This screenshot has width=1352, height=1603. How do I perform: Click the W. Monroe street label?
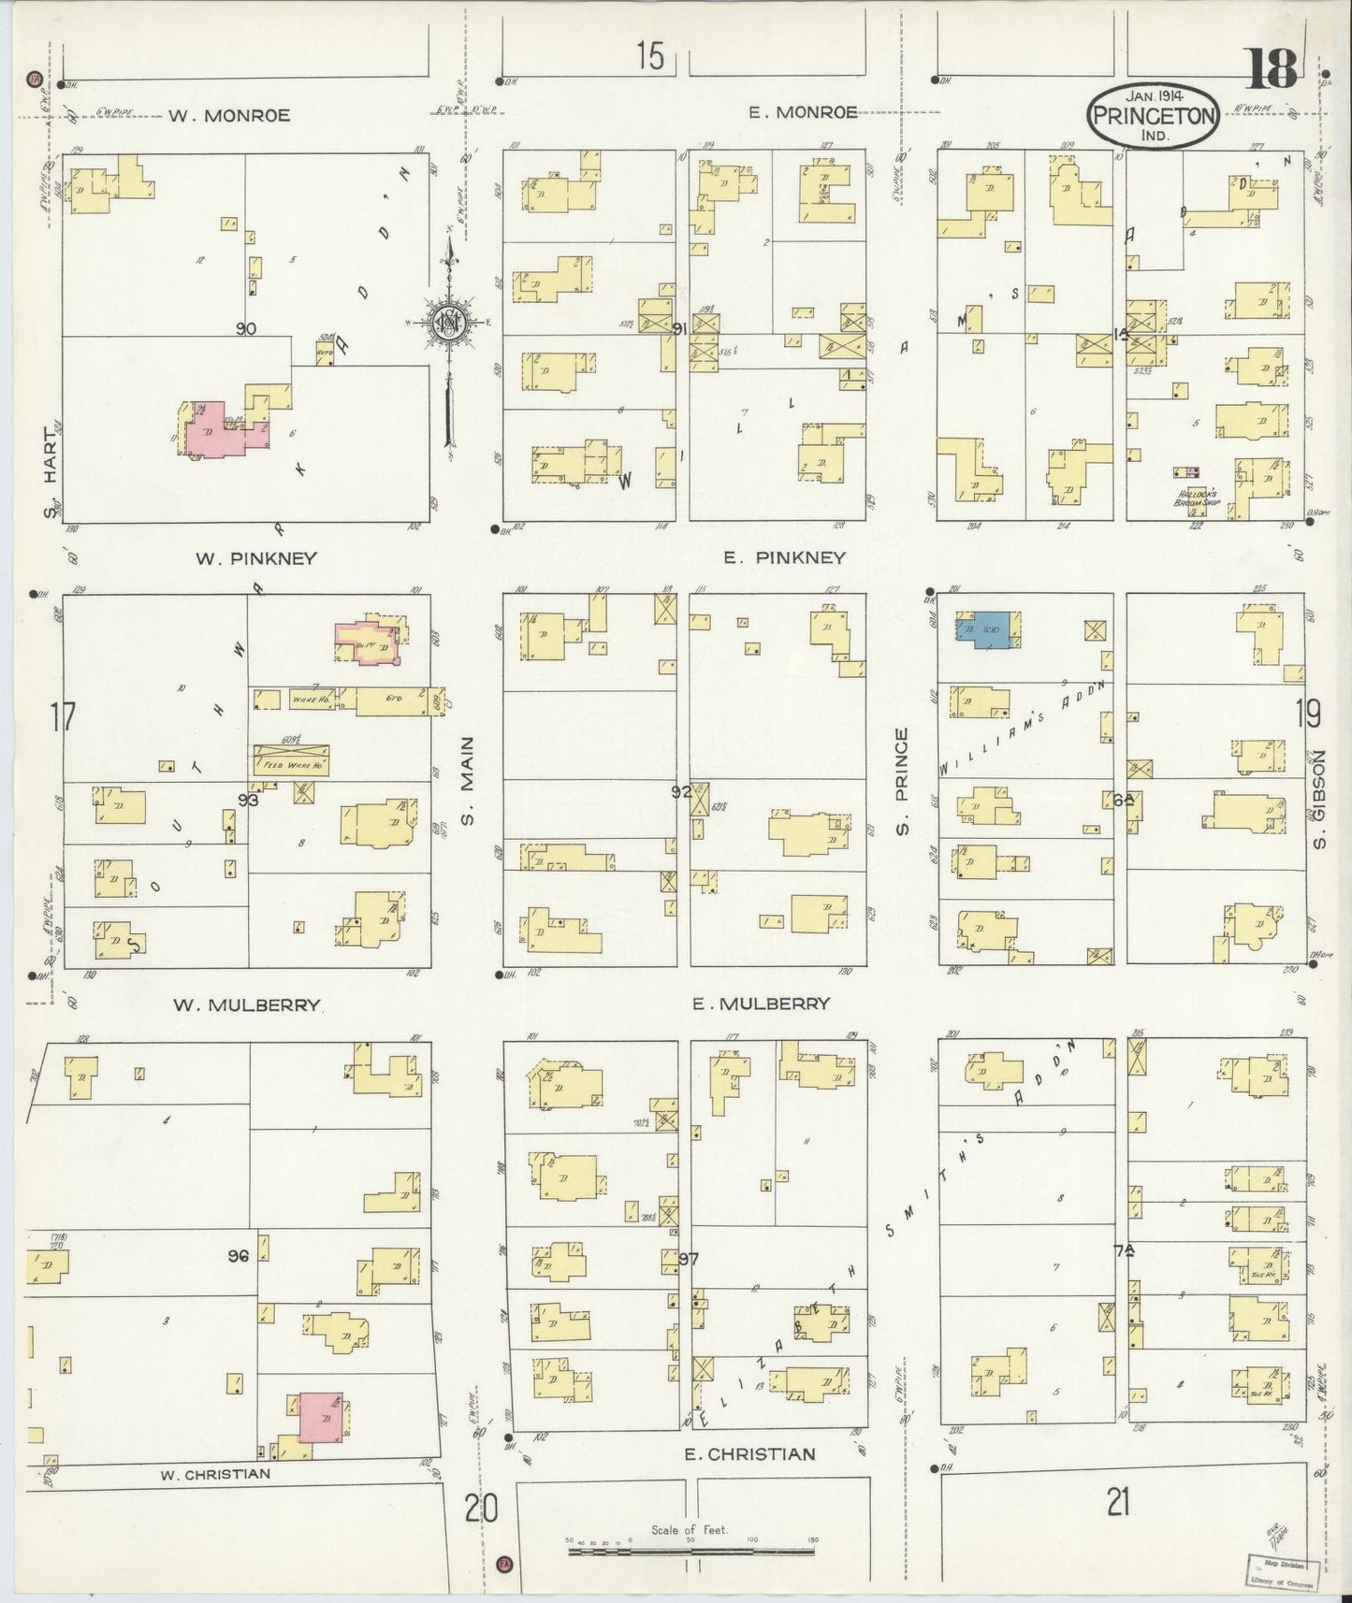pyautogui.click(x=229, y=116)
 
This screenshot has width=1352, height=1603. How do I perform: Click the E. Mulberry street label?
pyautogui.click(x=761, y=1004)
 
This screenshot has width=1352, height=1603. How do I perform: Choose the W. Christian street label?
pyautogui.click(x=215, y=1474)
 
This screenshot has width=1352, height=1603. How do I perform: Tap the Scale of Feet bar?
pyautogui.click(x=691, y=1552)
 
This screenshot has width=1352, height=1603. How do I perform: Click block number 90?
pyautogui.click(x=246, y=328)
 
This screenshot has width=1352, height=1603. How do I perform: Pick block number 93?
pyautogui.click(x=248, y=800)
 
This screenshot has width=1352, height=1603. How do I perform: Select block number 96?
pyautogui.click(x=238, y=1257)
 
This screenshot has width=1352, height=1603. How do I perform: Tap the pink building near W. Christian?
pyautogui.click(x=320, y=1418)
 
